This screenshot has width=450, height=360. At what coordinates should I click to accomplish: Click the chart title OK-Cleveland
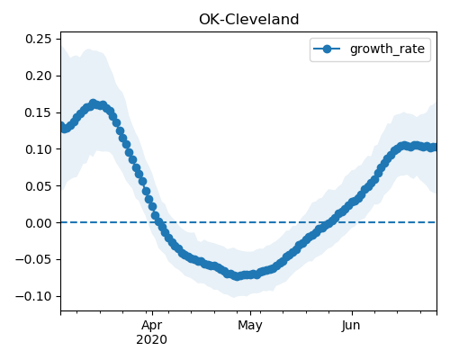(x=249, y=20)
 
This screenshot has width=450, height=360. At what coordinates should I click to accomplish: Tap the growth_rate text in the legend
(x=387, y=49)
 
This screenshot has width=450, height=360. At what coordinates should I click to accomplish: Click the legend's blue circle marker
(x=327, y=49)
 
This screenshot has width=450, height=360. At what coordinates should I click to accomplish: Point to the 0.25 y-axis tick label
(x=39, y=39)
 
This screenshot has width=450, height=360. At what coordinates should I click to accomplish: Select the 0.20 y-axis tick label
(x=39, y=76)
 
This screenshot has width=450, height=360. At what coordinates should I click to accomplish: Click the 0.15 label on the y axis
(x=39, y=112)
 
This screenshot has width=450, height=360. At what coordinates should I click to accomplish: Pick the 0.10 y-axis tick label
(x=39, y=149)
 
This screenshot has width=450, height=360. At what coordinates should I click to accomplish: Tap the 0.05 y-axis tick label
(x=39, y=186)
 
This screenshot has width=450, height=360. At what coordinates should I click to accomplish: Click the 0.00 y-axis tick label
(x=39, y=223)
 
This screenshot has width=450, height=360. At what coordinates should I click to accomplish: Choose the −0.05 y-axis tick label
(x=33, y=260)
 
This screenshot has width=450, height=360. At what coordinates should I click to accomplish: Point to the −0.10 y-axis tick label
(x=33, y=297)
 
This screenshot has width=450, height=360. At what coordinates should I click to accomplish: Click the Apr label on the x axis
(x=152, y=326)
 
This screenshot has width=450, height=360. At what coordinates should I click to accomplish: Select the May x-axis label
(x=250, y=326)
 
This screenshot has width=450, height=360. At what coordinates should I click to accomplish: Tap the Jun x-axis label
(x=351, y=326)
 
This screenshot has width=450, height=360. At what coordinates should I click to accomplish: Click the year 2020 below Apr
(x=152, y=340)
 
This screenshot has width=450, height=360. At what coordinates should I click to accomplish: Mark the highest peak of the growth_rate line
(x=94, y=103)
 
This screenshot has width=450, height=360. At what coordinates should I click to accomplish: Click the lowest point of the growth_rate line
(x=238, y=276)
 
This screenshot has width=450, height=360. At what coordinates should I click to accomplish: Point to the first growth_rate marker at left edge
(x=61, y=126)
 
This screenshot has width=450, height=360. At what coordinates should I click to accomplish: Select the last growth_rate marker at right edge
(x=434, y=148)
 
